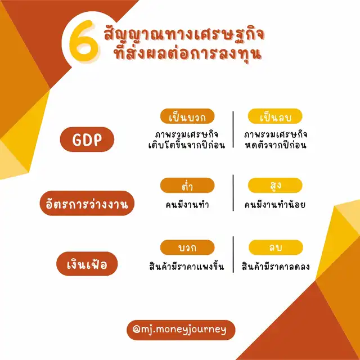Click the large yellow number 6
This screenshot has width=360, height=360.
83,41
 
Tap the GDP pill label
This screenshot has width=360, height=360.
87,139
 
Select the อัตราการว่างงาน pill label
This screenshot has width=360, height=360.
87,203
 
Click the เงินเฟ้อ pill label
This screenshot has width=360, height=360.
87,264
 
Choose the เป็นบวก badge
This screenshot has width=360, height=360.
187,116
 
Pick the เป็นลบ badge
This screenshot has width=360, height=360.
275,116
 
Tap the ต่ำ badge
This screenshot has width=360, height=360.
187,185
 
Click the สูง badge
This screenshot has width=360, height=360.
275,185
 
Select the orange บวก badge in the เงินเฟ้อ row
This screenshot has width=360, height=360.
187,247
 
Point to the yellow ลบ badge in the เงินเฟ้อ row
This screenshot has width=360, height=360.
276,247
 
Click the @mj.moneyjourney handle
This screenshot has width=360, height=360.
181,330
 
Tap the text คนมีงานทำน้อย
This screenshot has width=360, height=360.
275,204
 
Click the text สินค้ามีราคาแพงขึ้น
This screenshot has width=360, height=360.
186,266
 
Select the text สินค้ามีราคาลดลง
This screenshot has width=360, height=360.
276,267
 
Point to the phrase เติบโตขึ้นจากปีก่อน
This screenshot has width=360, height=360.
187,145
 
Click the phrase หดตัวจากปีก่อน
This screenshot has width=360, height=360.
276,145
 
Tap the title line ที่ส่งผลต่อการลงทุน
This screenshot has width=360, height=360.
187,53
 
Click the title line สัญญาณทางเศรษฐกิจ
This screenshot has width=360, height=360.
184,34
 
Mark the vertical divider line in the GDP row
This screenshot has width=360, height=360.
233,130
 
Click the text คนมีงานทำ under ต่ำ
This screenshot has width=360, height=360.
187,204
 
